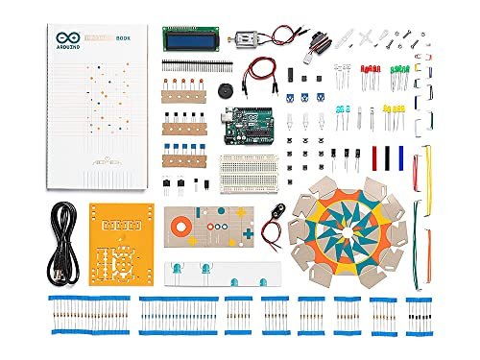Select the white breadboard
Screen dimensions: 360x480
[249, 172]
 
